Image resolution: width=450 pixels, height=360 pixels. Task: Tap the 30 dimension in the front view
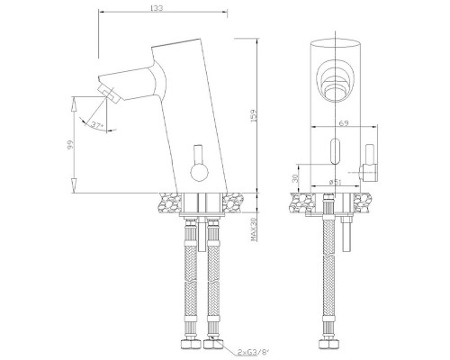point(297,181)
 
